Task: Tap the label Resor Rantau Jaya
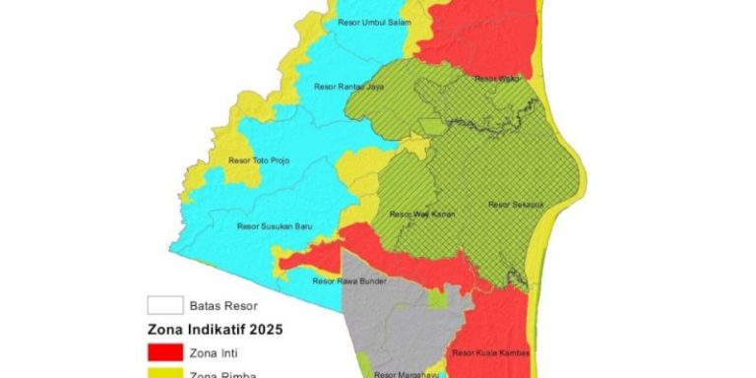[346, 87]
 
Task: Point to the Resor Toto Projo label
[259, 159]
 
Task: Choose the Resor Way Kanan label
[414, 214]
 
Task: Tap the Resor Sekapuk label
[509, 205]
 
